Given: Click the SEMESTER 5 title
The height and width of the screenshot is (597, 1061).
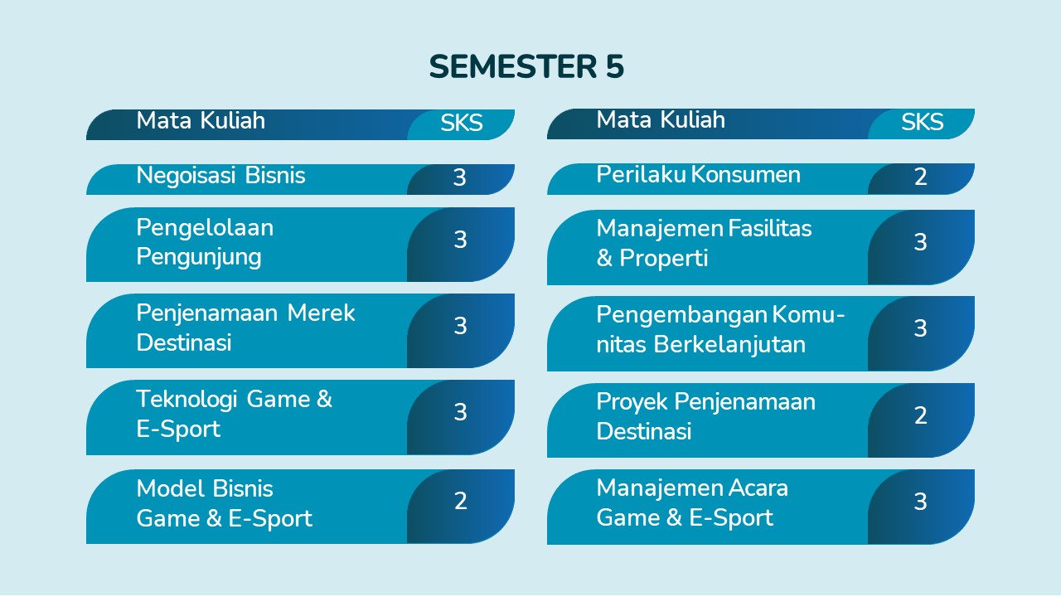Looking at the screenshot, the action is point(526,66).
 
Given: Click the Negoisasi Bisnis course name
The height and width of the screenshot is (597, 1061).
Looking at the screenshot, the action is point(220,175).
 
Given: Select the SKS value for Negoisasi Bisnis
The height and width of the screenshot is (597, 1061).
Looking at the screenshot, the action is point(459,177).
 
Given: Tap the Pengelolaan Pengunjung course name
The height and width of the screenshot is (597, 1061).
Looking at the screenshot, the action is point(205,242).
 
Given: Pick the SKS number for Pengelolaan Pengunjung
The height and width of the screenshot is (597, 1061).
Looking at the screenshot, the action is point(460,240).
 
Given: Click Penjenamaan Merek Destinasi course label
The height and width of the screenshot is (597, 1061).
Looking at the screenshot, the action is point(246,328).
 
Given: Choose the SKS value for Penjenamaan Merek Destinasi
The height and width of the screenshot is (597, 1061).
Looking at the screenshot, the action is point(460,326).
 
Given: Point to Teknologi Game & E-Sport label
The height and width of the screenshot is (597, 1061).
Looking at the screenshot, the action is point(234,414).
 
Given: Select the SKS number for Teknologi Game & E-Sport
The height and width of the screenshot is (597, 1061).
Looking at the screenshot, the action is point(460,412).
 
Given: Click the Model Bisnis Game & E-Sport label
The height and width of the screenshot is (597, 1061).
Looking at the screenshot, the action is point(224,503).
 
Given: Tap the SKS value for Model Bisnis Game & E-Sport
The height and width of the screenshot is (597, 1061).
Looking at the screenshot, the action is point(460,501).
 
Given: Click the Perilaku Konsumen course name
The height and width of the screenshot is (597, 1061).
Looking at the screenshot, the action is point(699,174).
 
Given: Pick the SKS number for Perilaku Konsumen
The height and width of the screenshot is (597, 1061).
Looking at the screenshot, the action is point(920,177).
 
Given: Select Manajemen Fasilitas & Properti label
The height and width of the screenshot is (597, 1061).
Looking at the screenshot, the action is point(705,243).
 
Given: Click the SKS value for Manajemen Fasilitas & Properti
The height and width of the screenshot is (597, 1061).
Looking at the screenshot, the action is point(920,242).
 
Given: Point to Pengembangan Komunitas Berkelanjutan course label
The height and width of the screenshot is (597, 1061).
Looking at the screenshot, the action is point(721,329).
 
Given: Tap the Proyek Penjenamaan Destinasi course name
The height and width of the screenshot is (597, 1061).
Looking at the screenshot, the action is point(706,416).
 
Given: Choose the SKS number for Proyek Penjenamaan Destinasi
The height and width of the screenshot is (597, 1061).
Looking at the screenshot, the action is point(920,415).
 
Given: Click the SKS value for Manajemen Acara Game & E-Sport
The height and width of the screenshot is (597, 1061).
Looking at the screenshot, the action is point(920,502).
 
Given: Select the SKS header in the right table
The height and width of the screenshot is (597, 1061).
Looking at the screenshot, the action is point(922,122).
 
